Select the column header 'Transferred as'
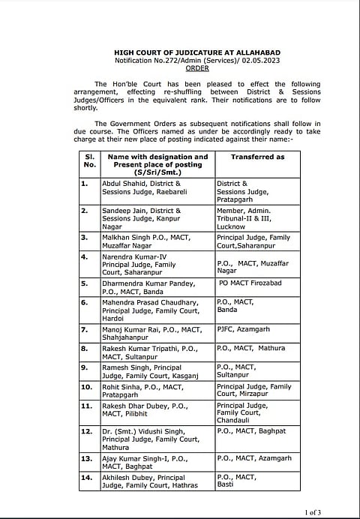click(257, 157)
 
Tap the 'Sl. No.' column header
click(90, 160)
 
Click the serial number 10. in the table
click(88, 386)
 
